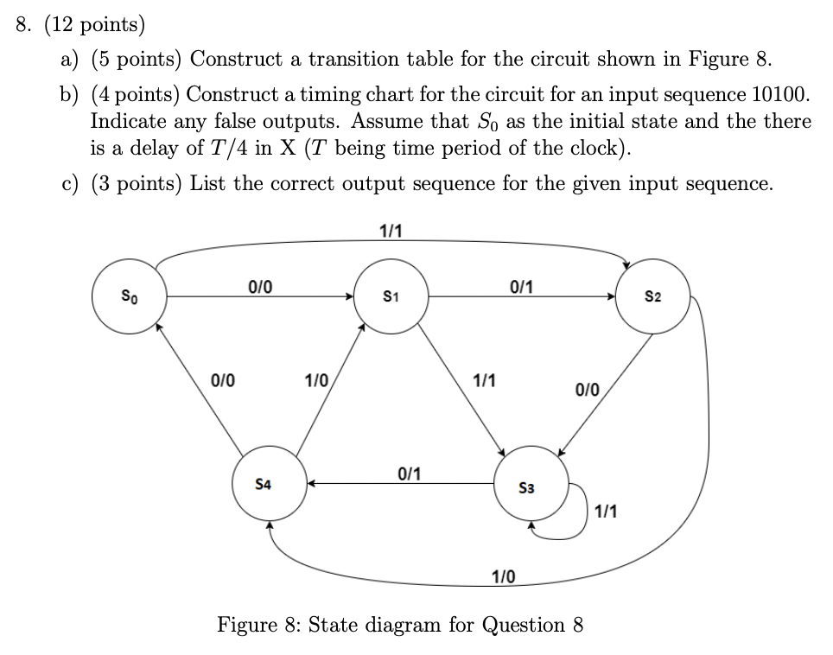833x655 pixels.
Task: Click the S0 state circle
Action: (x=130, y=296)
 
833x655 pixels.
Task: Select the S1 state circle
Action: (x=392, y=296)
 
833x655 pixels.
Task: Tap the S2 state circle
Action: (x=653, y=296)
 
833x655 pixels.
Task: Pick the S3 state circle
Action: (x=532, y=486)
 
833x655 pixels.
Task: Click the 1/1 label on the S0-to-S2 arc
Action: (x=391, y=231)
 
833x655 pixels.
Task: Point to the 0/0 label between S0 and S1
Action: (x=259, y=287)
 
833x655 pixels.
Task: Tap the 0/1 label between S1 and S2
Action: (x=523, y=287)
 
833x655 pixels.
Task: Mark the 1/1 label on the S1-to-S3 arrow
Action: (x=484, y=380)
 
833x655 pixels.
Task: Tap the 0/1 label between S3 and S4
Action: (x=410, y=473)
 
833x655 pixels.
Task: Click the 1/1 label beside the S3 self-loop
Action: (x=606, y=512)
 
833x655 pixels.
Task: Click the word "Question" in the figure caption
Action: (x=525, y=624)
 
